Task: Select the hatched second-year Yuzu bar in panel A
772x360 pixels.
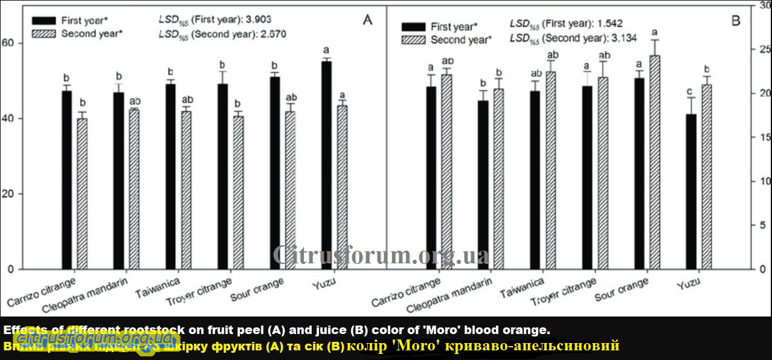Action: [x=342, y=187]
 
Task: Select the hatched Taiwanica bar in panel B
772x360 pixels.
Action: [x=550, y=170]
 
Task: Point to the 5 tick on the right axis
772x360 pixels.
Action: [x=761, y=225]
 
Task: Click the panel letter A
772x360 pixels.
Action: [x=367, y=20]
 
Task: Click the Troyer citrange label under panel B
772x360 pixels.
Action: [x=562, y=292]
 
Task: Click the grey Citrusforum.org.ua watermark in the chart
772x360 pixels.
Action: [x=381, y=256]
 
